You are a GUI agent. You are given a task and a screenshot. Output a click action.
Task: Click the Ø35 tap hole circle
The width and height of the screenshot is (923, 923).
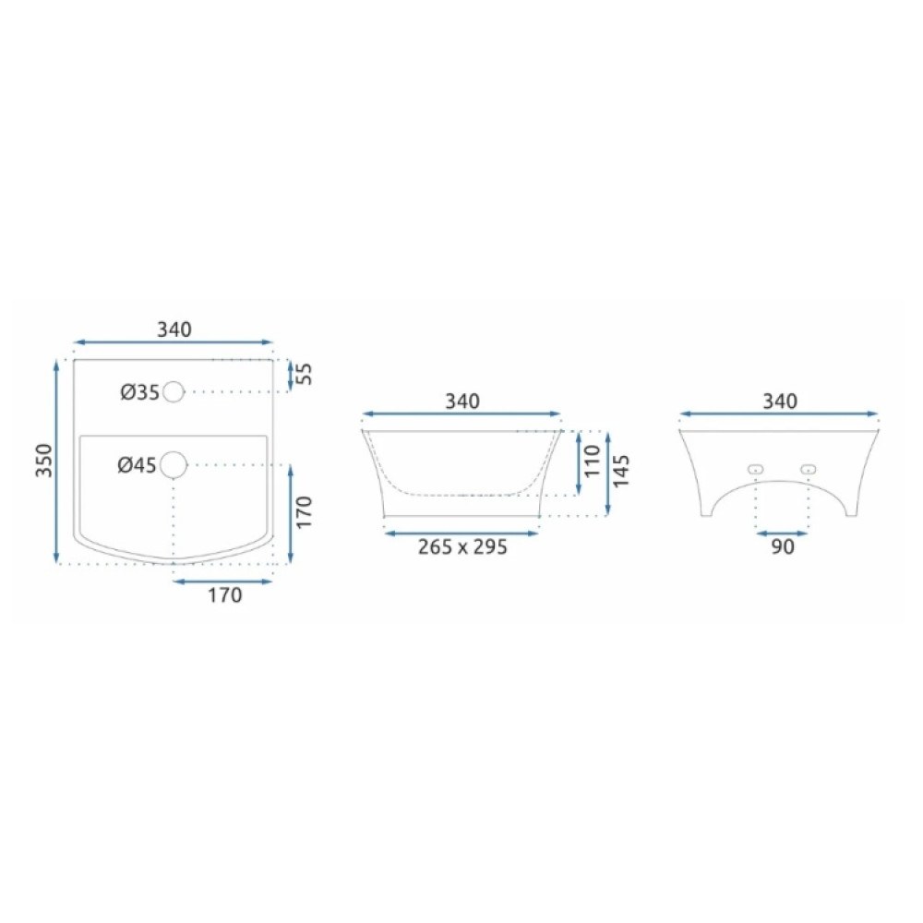(x=174, y=391)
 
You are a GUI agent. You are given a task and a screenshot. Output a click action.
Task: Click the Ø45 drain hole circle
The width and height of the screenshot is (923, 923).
(x=174, y=465)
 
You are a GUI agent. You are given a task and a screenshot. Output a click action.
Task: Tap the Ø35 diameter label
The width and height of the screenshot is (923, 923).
(x=140, y=392)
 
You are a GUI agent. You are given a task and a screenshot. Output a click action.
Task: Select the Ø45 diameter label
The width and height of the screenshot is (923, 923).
(x=138, y=465)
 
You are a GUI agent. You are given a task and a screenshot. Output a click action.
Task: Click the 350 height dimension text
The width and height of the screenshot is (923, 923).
(x=44, y=461)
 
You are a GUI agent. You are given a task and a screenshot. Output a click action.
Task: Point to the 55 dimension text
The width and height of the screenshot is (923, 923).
(x=305, y=375)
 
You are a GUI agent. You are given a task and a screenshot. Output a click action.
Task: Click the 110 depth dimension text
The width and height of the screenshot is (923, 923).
(x=593, y=461)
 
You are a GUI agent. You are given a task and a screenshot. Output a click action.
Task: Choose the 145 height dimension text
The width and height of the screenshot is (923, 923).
(x=621, y=471)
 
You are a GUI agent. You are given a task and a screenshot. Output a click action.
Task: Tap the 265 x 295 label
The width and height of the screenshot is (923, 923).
(x=462, y=546)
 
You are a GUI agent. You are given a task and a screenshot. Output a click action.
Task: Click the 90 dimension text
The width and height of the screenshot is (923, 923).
(x=783, y=546)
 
